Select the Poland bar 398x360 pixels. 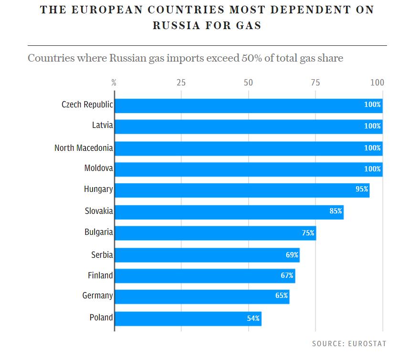[188, 318]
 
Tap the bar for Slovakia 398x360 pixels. [229, 212]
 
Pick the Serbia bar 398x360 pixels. [207, 255]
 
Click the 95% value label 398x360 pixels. [362, 190]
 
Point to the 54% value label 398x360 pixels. [253, 318]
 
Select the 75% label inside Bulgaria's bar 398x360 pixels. [308, 233]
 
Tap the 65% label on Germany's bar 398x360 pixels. [282, 296]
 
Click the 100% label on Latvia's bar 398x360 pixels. [372, 127]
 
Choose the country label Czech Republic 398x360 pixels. [87, 105]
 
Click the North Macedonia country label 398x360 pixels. [84, 148]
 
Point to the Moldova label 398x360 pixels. [98, 169]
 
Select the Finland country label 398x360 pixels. [100, 275]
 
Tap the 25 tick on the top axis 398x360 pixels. [181, 83]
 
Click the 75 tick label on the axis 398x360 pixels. [315, 83]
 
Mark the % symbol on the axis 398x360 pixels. [114, 83]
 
